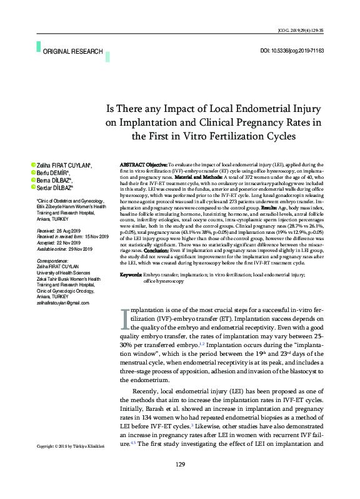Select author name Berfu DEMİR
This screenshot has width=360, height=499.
pyautogui.click(x=53, y=172)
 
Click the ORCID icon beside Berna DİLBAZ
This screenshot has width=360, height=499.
pyautogui.click(x=32, y=179)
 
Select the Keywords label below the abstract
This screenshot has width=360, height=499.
pyautogui.click(x=130, y=275)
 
